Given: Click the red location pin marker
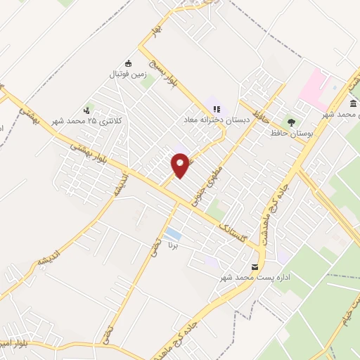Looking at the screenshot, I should [181, 165].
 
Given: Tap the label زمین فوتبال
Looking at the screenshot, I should [127, 73].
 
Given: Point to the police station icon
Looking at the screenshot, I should [86, 110].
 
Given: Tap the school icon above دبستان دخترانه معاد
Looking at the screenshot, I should [217, 109].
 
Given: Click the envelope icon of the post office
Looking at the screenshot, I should [254, 266].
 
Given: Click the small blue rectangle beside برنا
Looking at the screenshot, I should [172, 233].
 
